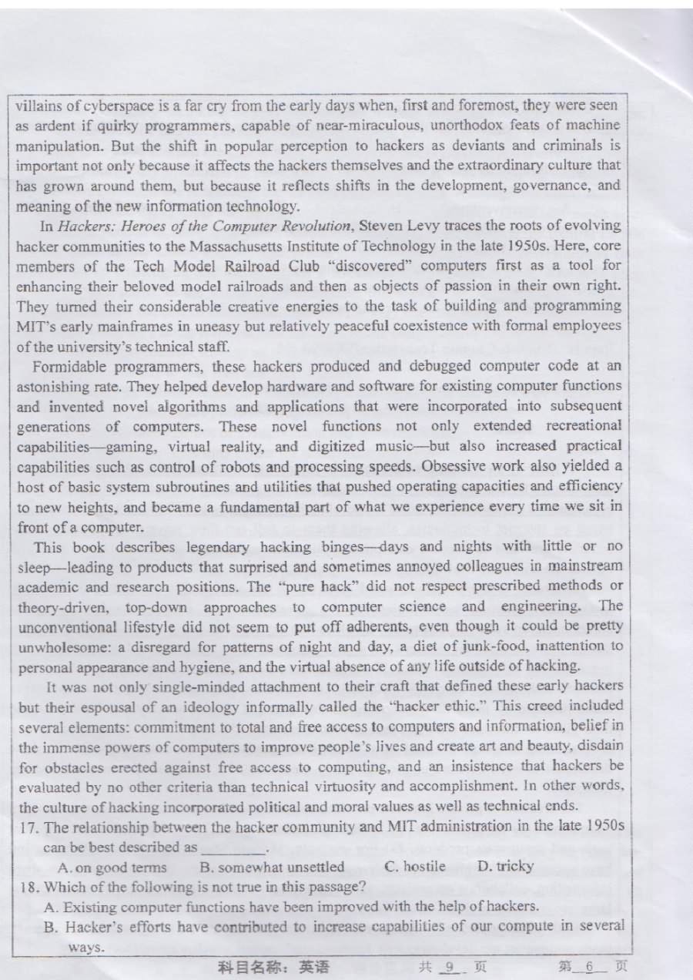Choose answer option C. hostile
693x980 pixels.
click(x=414, y=867)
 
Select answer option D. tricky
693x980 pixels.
click(x=505, y=867)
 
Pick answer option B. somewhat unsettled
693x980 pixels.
click(x=272, y=867)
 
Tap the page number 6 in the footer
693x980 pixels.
click(x=591, y=965)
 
